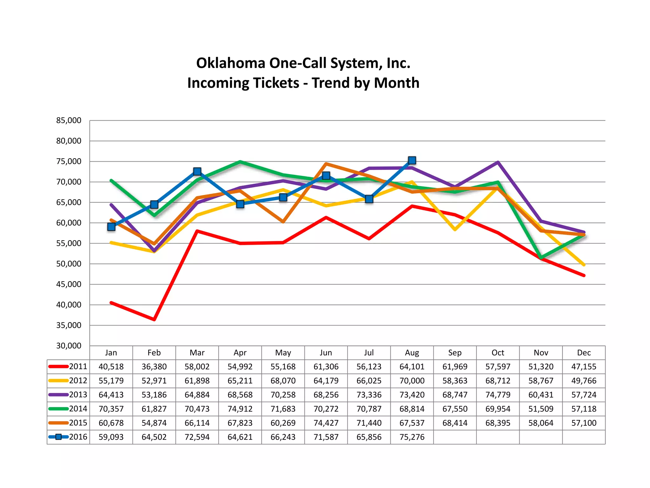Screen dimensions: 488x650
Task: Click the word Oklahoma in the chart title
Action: pyautogui.click(x=230, y=63)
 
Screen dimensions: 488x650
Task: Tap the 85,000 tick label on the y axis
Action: pyautogui.click(x=69, y=120)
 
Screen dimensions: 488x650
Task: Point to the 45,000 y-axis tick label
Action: pyautogui.click(x=69, y=284)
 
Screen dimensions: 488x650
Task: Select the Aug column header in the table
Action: pyautogui.click(x=412, y=353)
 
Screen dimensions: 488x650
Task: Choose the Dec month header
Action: pyautogui.click(x=584, y=353)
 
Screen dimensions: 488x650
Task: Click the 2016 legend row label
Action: pyautogui.click(x=78, y=437)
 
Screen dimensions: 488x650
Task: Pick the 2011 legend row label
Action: pyautogui.click(x=78, y=367)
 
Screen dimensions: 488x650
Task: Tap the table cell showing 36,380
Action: pyautogui.click(x=154, y=367)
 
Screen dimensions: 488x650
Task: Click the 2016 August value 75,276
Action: pyautogui.click(x=412, y=437)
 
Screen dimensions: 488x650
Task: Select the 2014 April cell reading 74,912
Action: pyautogui.click(x=240, y=409)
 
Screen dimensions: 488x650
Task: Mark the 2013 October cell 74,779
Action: pyautogui.click(x=498, y=395)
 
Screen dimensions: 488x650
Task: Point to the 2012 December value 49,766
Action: pyautogui.click(x=584, y=381)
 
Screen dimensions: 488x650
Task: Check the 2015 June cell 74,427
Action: pyautogui.click(x=326, y=423)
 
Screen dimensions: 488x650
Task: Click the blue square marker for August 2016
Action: pyautogui.click(x=412, y=160)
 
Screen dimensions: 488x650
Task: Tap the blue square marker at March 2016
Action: pyautogui.click(x=197, y=172)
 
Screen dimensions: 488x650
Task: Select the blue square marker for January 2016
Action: pyautogui.click(x=111, y=227)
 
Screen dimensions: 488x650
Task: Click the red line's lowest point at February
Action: pyautogui.click(x=154, y=319)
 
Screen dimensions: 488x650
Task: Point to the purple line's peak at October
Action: pyautogui.click(x=498, y=162)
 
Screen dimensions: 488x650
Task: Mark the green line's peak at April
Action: pyautogui.click(x=240, y=162)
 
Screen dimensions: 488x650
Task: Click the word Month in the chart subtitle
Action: pyautogui.click(x=396, y=83)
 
